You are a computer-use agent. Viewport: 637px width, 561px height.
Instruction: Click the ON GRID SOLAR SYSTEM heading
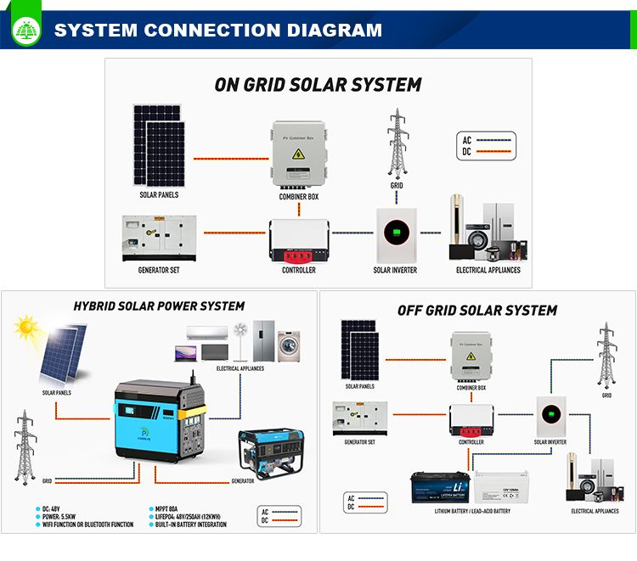(318, 85)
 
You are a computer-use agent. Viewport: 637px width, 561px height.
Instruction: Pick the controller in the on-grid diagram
(299, 241)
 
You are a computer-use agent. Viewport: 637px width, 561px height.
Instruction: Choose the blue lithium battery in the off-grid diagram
(439, 487)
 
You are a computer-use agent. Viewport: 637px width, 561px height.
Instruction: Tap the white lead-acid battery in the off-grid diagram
(503, 487)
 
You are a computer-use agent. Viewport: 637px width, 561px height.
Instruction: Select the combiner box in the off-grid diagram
(470, 356)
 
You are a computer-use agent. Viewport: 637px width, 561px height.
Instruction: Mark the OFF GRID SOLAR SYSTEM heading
(477, 311)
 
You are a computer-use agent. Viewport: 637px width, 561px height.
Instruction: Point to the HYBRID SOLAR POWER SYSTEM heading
(159, 306)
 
